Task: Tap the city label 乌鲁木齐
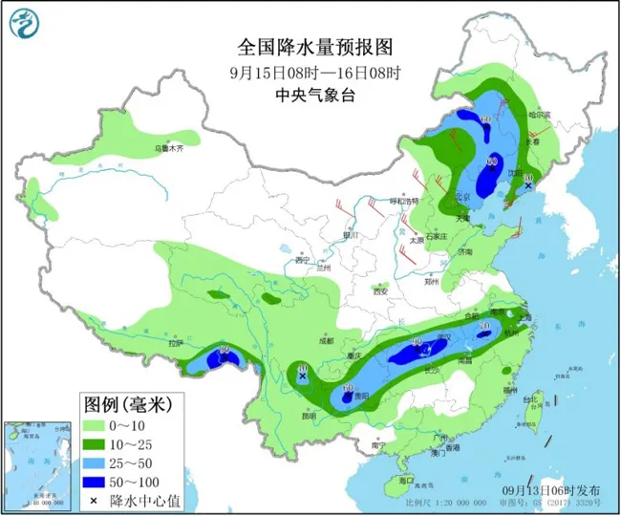pos(168,149)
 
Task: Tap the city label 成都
pos(327,340)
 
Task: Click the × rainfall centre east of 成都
pos(303,376)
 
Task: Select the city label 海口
pos(405,480)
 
